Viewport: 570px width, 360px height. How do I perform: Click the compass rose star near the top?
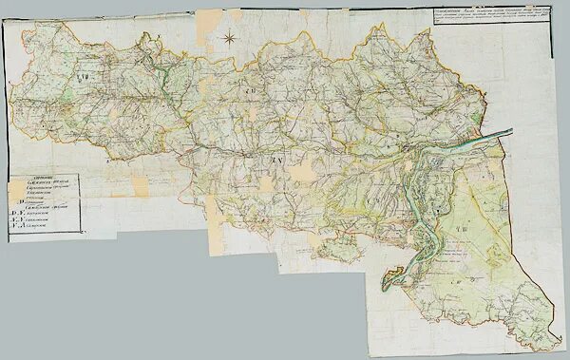[229, 38]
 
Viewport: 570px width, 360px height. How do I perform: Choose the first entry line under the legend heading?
[47, 185]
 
